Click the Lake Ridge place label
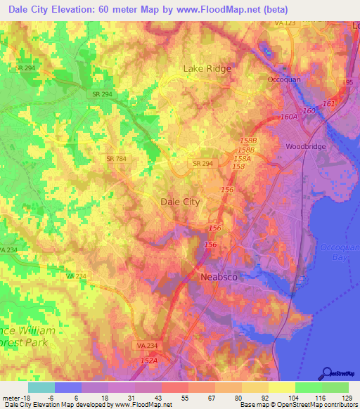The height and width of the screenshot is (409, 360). click(207, 68)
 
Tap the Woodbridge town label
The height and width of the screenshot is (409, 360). click(304, 147)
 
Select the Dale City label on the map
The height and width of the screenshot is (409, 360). click(181, 202)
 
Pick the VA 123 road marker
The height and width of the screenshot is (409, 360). click(285, 23)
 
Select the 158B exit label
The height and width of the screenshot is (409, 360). click(245, 150)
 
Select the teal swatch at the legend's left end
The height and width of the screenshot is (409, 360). click(41, 387)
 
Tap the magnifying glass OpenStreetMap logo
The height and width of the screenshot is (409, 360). click(328, 372)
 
